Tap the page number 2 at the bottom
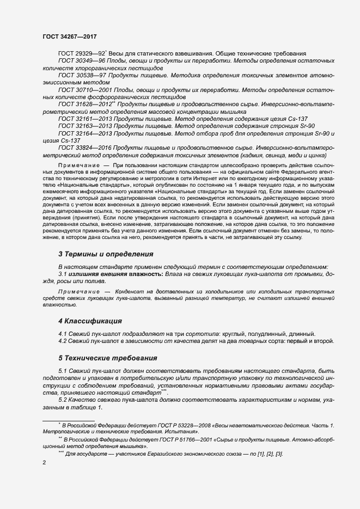click(44, 462)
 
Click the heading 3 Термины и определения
click(105, 254)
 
